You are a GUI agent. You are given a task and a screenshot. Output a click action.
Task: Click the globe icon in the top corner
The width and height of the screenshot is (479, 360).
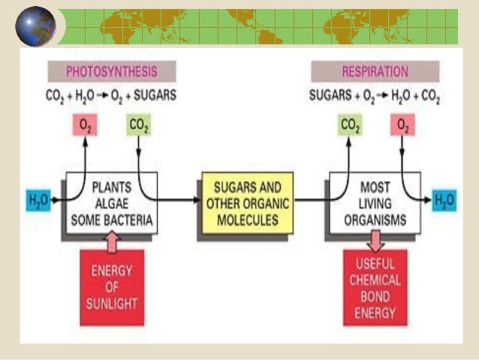coord(35,27)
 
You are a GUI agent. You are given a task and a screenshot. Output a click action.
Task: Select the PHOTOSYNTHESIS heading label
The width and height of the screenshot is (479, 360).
coord(112,72)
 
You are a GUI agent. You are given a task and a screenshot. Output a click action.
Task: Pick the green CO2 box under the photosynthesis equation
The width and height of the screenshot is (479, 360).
coord(138,125)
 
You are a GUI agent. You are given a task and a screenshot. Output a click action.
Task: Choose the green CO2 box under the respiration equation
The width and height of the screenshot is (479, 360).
coord(351,125)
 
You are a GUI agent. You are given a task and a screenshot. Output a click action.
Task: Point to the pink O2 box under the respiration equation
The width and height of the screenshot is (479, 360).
coord(402,125)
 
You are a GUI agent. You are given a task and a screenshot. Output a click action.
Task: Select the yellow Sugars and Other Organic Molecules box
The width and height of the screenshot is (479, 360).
coord(246,203)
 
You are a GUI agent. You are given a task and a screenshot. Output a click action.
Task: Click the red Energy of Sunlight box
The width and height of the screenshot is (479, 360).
coord(112,288)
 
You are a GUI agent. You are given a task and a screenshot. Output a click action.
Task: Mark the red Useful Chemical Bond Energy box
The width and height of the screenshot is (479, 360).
coord(375,288)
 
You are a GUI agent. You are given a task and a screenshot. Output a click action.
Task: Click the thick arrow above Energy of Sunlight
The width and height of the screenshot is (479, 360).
coord(112,241)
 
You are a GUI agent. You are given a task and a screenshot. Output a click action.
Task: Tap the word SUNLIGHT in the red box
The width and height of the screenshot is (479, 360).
coord(111,305)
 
